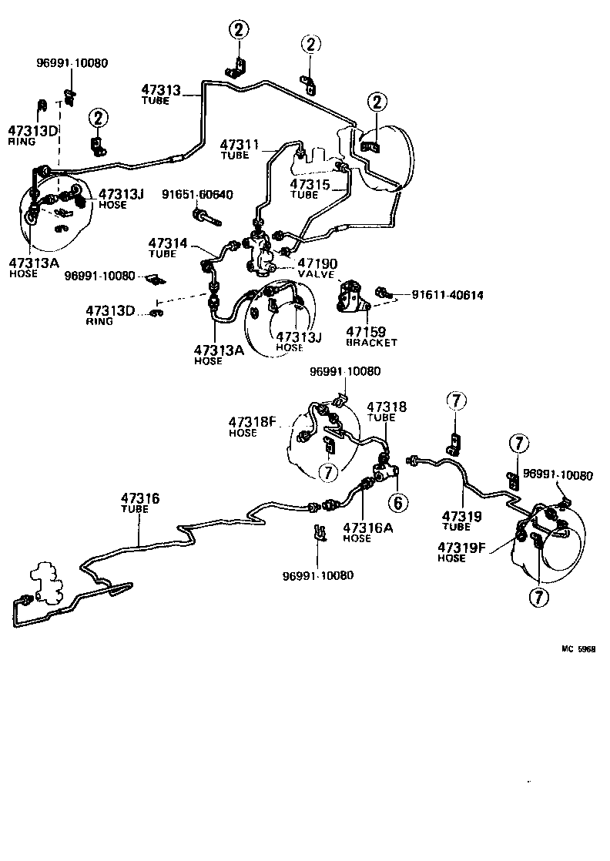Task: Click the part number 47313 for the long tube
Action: pyautogui.click(x=160, y=89)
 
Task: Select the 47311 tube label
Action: pyautogui.click(x=240, y=144)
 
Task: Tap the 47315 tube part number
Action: pyautogui.click(x=310, y=185)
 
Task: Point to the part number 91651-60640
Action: pyautogui.click(x=197, y=194)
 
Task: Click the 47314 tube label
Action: pyautogui.click(x=169, y=243)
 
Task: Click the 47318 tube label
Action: pyautogui.click(x=386, y=407)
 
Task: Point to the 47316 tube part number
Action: pyautogui.click(x=139, y=499)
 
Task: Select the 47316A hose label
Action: pyautogui.click(x=368, y=528)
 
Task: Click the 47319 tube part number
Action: pyautogui.click(x=461, y=516)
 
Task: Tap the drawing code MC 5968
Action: pyautogui.click(x=578, y=649)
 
